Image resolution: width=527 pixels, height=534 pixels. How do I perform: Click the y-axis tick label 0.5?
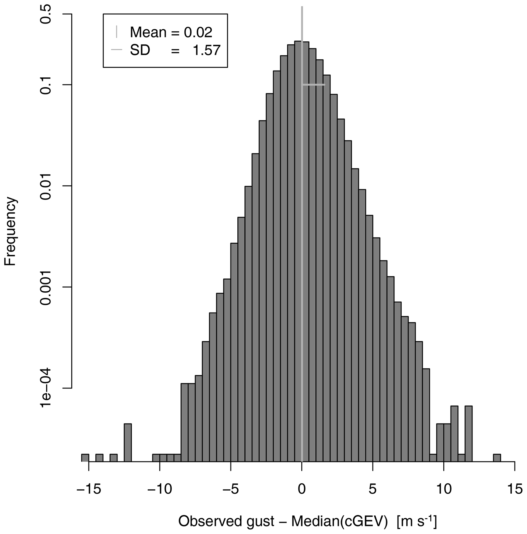(46, 14)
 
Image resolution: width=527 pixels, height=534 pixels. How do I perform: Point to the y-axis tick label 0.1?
(46, 85)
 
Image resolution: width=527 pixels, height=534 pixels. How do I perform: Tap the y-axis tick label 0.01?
(46, 186)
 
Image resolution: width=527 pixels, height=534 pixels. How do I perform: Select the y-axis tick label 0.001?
(46, 287)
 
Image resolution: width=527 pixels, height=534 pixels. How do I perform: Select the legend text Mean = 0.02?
(171, 32)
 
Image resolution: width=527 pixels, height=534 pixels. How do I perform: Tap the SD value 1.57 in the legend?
(206, 50)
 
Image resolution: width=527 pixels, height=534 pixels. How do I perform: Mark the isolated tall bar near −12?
(127, 443)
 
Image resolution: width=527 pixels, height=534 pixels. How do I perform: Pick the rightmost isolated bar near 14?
(497, 458)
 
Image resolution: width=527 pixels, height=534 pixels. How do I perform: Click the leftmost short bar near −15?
(85, 458)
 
